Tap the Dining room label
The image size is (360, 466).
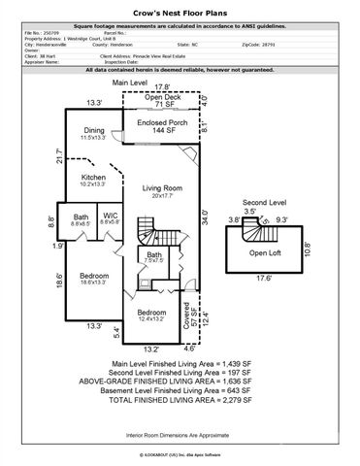94,130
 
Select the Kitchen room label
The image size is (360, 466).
94,179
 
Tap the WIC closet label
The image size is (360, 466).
111,216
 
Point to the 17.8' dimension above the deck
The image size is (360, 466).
162,86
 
